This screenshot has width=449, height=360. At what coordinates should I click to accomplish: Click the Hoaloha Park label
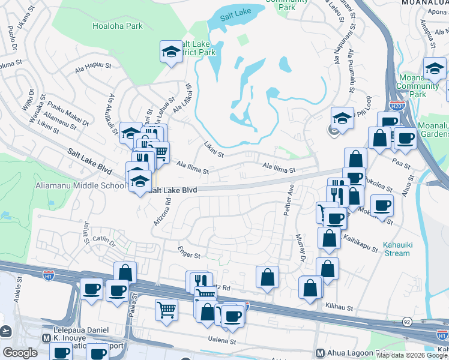(118, 26)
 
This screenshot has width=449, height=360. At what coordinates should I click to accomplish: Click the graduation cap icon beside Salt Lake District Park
(171, 52)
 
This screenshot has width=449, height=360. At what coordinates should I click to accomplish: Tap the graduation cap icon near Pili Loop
(342, 118)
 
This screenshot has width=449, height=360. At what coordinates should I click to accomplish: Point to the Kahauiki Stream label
(396, 249)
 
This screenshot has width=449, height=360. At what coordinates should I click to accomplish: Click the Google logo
(20, 352)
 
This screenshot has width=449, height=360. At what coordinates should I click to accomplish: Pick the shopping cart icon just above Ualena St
(167, 309)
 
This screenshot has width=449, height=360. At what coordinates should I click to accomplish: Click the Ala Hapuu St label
(94, 67)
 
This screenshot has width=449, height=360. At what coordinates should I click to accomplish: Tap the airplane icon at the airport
(6, 331)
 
